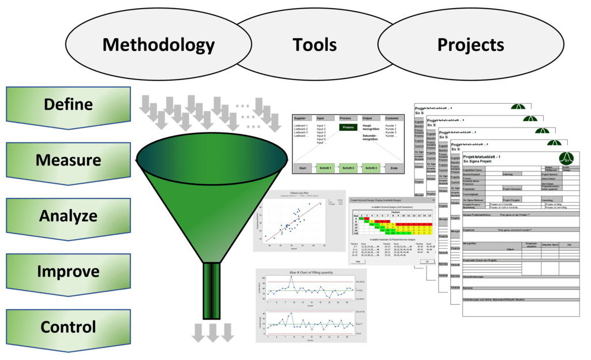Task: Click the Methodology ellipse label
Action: (158, 45)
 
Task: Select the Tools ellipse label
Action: (315, 45)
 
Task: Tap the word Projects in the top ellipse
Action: (470, 45)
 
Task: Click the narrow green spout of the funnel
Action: (212, 291)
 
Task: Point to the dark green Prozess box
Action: (347, 127)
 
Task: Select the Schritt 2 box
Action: (347, 167)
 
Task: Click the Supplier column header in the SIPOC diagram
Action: (301, 118)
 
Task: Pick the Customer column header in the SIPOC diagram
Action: (392, 118)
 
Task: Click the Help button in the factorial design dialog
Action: (358, 261)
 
